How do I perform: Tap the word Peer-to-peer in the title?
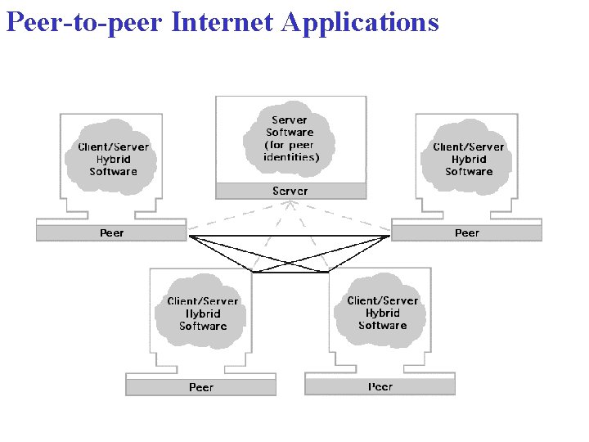(84, 22)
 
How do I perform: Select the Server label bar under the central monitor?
(290, 191)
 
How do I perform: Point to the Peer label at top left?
(112, 233)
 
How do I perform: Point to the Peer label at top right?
(467, 233)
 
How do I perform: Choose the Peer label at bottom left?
(201, 387)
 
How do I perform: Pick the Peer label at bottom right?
(380, 386)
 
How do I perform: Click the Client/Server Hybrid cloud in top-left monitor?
(114, 159)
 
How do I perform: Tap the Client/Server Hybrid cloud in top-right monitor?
(469, 159)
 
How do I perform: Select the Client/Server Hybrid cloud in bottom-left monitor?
(203, 313)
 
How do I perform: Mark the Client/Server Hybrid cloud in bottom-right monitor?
(382, 313)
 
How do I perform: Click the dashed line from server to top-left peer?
(237, 219)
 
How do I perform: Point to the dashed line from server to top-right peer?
(344, 219)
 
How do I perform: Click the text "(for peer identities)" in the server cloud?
(291, 151)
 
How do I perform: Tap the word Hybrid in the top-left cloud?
(113, 160)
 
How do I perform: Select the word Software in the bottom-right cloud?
(382, 326)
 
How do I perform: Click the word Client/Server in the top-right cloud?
(469, 147)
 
